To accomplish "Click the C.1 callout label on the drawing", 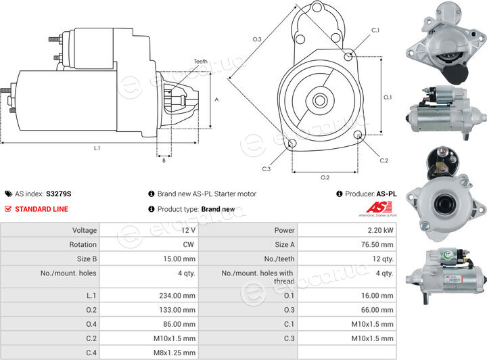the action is tap(375, 30).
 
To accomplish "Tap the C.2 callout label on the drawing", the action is tap(384, 160).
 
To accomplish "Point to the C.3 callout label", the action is tap(266, 169).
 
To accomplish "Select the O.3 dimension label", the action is tap(257, 39).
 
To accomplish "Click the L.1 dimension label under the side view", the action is tap(97, 148).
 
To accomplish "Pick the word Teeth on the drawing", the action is tap(201, 62).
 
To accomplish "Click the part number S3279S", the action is tap(59, 194).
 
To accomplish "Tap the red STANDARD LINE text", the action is tap(42, 209).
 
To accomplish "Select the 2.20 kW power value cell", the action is tap(347, 230).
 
